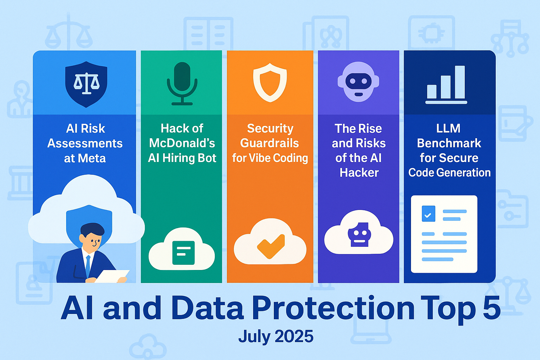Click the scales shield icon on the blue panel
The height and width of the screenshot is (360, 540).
[86, 84]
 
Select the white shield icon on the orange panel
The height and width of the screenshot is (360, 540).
[270, 83]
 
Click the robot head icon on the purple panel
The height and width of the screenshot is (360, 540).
[358, 82]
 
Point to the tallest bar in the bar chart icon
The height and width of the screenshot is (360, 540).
[460, 82]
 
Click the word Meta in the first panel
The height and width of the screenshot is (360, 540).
[92, 158]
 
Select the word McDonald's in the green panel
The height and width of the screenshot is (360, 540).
[182, 143]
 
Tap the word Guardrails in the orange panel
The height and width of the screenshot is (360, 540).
[270, 143]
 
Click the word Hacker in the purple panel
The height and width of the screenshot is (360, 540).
[359, 173]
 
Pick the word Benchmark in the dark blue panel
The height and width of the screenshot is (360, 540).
[449, 143]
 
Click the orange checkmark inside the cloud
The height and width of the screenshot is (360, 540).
[270, 246]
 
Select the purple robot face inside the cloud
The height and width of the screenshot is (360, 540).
[359, 234]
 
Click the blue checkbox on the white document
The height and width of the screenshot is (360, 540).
[428, 214]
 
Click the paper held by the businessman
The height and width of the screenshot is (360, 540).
[112, 276]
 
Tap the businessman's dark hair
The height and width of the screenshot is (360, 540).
[92, 229]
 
